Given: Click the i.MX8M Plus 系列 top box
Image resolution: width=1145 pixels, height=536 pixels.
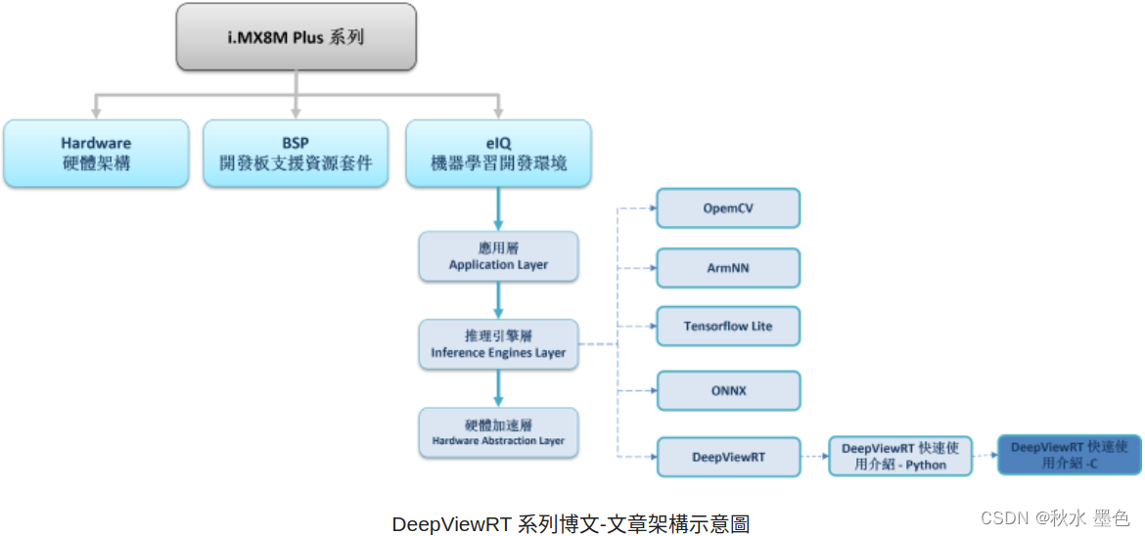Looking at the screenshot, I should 296,36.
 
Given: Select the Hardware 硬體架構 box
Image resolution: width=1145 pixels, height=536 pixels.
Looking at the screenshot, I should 96,154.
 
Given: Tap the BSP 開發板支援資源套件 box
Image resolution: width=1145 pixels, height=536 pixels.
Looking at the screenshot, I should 296,154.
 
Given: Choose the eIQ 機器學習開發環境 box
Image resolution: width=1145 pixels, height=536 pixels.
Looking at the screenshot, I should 498,154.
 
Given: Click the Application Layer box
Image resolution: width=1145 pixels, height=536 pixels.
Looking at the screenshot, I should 498,255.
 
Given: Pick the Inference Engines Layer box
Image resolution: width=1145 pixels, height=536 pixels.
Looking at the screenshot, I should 498,344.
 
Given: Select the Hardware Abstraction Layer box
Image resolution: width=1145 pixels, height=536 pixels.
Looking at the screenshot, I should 498,432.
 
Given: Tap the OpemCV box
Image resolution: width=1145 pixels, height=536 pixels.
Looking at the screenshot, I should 728,209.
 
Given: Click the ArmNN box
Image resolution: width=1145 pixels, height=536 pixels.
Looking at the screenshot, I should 728,268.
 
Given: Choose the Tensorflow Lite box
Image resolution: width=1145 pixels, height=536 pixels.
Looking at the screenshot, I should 728,327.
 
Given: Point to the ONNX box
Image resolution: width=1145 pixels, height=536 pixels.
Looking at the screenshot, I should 728,391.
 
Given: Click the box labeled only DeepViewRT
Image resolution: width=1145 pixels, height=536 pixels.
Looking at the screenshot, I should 728,457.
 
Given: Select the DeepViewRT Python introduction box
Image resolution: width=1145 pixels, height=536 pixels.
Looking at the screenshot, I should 900,457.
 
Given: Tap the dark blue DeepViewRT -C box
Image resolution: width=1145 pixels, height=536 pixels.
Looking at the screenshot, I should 1070,455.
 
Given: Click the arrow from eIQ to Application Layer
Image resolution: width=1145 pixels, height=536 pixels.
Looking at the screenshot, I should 498,207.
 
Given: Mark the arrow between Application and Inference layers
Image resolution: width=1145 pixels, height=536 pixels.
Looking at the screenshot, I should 498,299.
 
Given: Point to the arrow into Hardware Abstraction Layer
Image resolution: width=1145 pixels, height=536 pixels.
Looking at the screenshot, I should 498,388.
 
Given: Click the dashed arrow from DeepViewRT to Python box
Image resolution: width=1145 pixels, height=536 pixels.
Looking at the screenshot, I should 814,457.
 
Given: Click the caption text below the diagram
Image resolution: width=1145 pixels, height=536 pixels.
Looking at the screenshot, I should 571,523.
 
